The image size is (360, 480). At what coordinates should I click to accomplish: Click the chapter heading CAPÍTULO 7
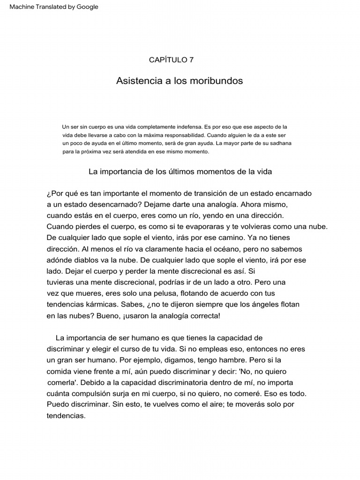coord(171,60)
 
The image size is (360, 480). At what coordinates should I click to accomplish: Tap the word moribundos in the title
coord(217,81)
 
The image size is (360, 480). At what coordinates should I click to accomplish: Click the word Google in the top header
coord(87,7)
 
